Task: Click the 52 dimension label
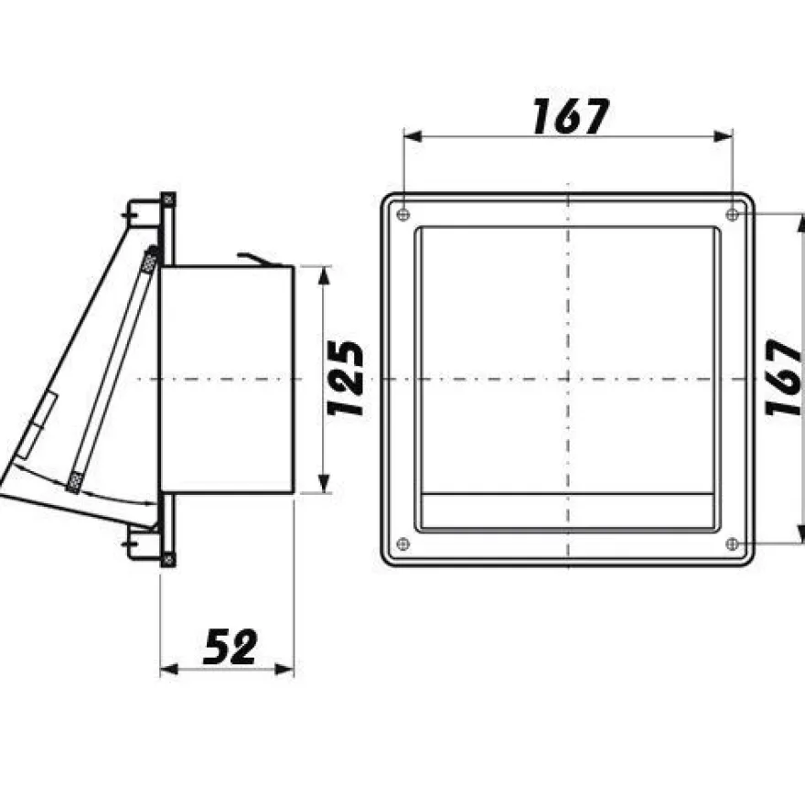pyautogui.click(x=230, y=647)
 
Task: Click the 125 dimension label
pyautogui.click(x=346, y=379)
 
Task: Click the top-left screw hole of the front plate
pyautogui.click(x=403, y=214)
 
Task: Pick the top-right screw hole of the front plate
pyautogui.click(x=733, y=214)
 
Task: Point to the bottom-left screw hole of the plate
pyautogui.click(x=403, y=543)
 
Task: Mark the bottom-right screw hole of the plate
pyautogui.click(x=733, y=543)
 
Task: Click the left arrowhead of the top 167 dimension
pyautogui.click(x=413, y=136)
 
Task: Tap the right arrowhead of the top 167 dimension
pyautogui.click(x=724, y=136)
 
